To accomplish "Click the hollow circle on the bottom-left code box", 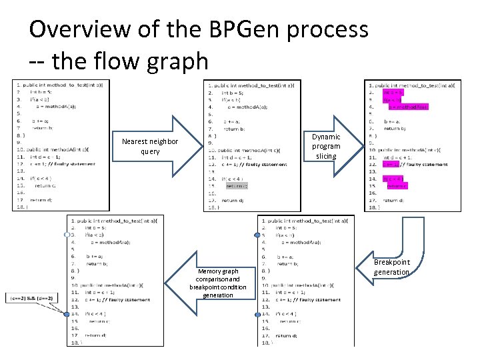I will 67,235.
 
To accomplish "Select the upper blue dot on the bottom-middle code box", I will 257,235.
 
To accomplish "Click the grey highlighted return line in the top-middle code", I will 237,186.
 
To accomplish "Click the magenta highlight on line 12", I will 391,164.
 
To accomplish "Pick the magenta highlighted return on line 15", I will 397,186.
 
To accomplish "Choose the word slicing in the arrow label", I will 326,156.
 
